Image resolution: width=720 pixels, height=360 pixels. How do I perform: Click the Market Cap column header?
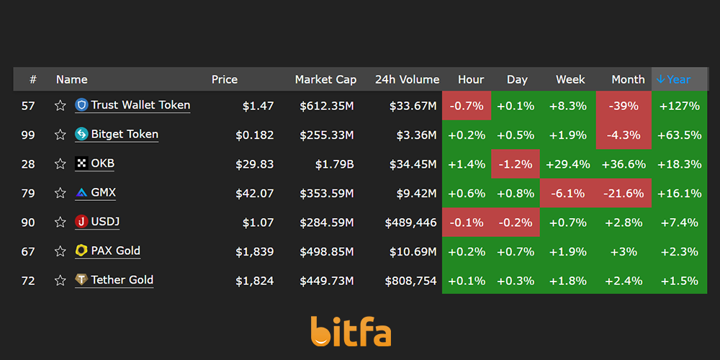coord(325,79)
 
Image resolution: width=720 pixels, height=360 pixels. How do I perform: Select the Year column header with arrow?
coord(673,79)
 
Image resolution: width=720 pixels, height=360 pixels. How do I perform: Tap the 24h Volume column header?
coord(407,79)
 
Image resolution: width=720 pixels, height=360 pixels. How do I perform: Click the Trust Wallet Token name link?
coord(140,105)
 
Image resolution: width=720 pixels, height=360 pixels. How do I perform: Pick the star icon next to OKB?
coord(60,164)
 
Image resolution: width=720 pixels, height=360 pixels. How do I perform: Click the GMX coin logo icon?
coord(81,193)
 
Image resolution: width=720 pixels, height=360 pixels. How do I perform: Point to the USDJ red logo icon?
coord(81,222)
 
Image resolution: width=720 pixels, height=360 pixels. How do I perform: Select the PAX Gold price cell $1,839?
coord(254,251)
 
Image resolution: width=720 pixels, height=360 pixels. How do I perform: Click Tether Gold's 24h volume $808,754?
coord(410,281)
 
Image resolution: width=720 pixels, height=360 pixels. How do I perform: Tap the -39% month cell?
coord(624,106)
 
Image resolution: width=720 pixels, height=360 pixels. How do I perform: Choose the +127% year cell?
coord(679,106)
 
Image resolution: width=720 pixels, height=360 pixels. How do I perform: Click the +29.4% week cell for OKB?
coord(567,164)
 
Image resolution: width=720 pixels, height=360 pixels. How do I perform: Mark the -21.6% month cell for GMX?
coord(624,193)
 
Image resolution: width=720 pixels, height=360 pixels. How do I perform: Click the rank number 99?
coord(28,135)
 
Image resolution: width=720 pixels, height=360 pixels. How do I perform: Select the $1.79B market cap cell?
coord(334,164)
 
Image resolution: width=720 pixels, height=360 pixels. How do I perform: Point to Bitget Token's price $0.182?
coord(254,135)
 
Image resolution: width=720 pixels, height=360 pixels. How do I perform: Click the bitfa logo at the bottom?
coord(351,331)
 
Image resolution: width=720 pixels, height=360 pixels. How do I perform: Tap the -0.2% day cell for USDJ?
coord(516,222)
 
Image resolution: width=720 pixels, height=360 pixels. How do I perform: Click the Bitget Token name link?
coord(125,135)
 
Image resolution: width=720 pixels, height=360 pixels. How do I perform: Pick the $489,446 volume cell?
coord(410,222)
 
